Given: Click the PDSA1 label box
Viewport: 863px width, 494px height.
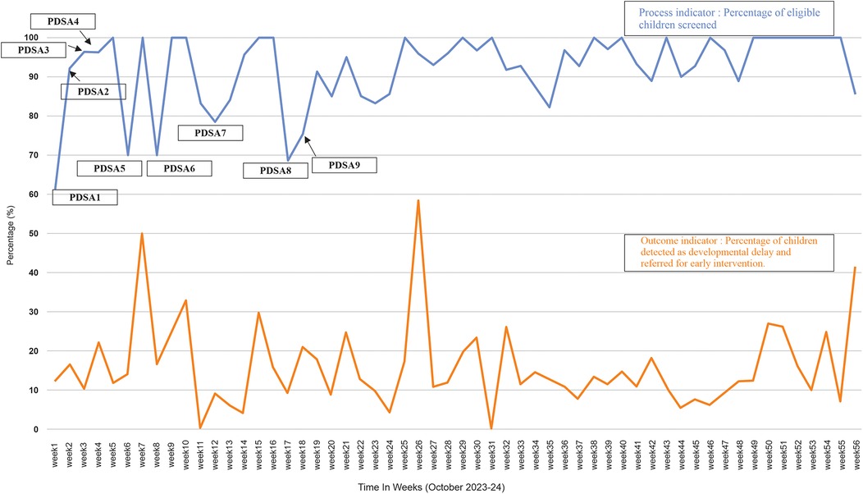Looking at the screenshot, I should coord(84,197).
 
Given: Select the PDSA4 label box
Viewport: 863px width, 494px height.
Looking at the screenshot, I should coord(61,20).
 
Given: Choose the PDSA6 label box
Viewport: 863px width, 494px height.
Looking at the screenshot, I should coord(179,168).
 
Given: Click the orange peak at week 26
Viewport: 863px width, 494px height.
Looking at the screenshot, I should coord(418,200).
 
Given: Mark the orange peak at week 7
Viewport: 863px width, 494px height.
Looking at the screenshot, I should coord(143,234).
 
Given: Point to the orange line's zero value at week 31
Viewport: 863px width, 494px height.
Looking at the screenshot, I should coord(491,428).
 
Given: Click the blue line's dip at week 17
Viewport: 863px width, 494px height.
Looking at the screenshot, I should coord(288,160).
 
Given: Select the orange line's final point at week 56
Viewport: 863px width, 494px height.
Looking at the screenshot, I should coord(856,268).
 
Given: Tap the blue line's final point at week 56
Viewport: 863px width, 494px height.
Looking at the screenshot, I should coord(856,94).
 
